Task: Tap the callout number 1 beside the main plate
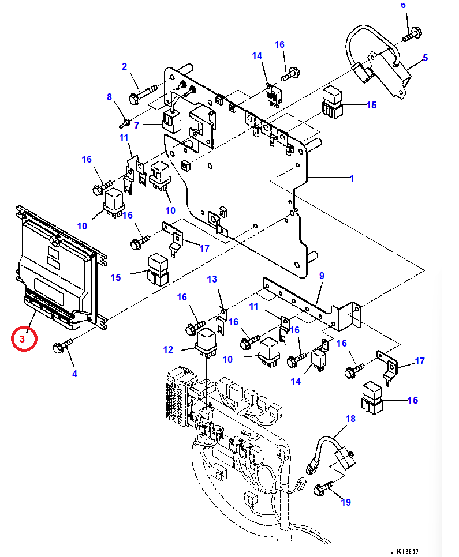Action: (x=351, y=179)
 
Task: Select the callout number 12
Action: (x=168, y=349)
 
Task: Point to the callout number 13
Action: (x=212, y=280)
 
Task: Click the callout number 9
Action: (x=322, y=276)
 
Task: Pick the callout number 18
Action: (x=350, y=419)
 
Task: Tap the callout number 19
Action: (x=345, y=502)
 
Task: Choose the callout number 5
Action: (x=425, y=58)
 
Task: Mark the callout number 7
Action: (x=137, y=125)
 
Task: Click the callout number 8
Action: (x=109, y=97)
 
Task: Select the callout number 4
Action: (x=74, y=374)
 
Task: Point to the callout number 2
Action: (x=124, y=67)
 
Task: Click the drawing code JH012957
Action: (x=404, y=551)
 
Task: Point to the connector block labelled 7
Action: (x=172, y=119)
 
